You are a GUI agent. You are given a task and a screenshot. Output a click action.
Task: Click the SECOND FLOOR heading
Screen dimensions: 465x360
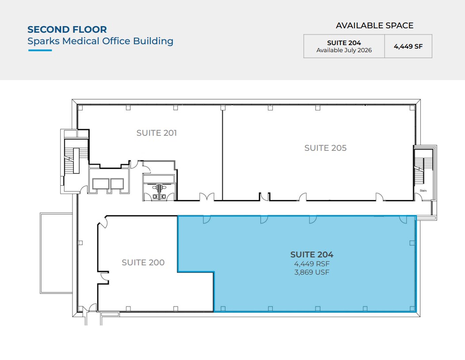click(67, 29)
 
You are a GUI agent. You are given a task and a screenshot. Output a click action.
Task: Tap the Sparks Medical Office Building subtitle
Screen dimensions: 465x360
click(100, 41)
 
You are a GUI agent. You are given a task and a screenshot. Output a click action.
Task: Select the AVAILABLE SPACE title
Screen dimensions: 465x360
click(374, 26)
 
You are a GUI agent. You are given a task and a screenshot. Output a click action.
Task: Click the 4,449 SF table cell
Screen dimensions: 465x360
click(408, 46)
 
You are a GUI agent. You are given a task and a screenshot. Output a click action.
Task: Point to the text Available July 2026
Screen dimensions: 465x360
click(344, 50)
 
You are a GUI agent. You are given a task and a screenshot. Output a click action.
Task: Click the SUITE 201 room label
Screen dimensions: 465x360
click(156, 133)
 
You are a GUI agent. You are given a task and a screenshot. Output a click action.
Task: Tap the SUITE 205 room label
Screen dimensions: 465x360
click(325, 148)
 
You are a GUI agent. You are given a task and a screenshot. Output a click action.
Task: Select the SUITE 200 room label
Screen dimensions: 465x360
click(143, 262)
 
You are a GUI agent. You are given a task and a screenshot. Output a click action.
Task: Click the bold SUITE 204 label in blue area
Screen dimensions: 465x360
click(312, 254)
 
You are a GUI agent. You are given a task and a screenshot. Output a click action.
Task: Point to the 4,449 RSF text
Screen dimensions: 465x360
click(312, 264)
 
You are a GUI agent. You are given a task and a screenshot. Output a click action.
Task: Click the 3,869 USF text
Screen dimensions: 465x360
click(312, 272)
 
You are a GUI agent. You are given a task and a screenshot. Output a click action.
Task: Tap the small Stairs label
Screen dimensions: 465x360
click(423, 191)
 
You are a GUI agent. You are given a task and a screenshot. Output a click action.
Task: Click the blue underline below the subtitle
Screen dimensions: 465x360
click(40, 50)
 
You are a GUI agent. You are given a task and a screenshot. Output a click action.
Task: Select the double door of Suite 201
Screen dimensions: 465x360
click(207, 197)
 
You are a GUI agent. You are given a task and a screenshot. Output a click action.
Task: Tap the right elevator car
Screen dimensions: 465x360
click(117, 184)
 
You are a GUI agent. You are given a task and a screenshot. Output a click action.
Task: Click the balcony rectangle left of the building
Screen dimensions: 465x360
click(56, 253)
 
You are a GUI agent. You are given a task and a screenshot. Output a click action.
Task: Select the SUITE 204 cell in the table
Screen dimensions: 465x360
click(344, 46)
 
